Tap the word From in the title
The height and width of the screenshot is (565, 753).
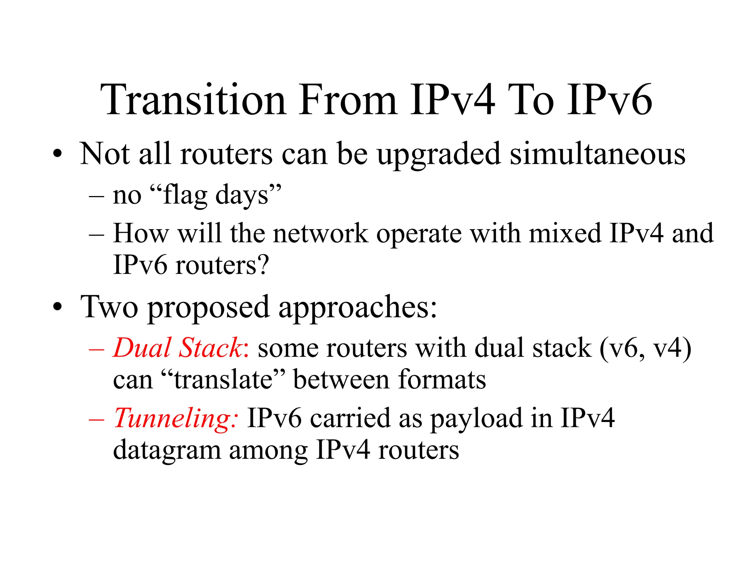(347, 100)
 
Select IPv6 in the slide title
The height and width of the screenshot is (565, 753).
(609, 100)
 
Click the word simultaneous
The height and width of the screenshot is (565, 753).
(597, 154)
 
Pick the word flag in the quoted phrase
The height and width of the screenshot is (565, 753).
(185, 195)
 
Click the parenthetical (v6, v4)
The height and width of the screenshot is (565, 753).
(645, 348)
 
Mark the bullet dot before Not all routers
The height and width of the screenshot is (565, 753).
(57, 154)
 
